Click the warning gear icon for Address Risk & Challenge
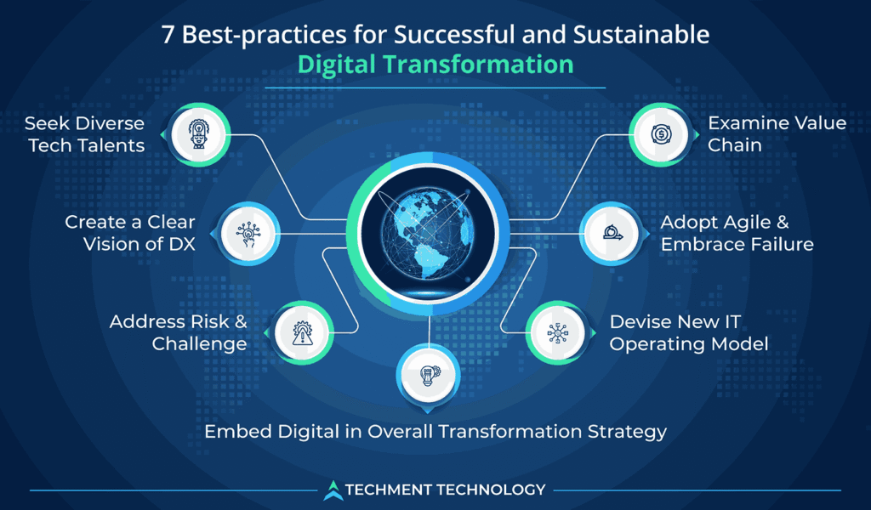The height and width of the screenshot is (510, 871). tap(301, 332)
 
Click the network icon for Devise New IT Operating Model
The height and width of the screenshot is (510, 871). tap(555, 332)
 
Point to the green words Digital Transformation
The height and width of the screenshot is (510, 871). tap(435, 65)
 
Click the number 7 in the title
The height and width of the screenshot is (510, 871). tap(167, 37)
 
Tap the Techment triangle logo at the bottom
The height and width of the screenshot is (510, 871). tap(333, 490)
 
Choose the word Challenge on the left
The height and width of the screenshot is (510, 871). tap(200, 343)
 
